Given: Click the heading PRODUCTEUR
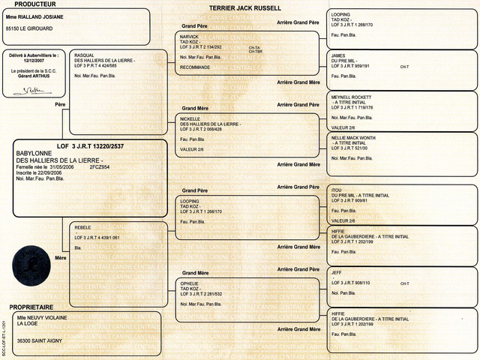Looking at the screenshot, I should point(35,4).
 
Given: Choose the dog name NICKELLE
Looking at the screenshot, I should point(193,118).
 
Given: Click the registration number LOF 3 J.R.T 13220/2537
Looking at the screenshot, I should point(91,145).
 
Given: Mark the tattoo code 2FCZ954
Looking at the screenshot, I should point(100,167).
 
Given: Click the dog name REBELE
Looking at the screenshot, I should point(83,226).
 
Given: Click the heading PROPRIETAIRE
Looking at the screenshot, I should point(41,307).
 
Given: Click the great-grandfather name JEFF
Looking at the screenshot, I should point(337,272).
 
